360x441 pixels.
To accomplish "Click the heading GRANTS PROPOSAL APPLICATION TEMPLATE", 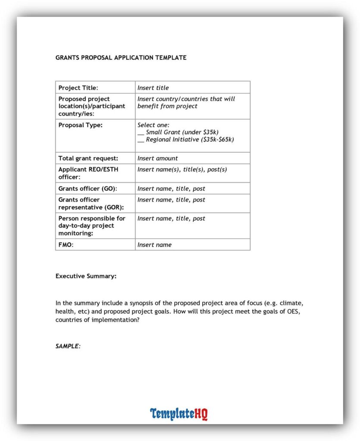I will pos(121,57).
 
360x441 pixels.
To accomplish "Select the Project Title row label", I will pos(78,88).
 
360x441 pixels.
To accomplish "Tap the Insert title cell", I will pos(153,88).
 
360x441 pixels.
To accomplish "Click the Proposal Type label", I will pos(81,125).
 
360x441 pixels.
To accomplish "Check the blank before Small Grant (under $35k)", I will pos(141,133).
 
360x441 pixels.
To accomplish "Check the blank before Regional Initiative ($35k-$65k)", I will pos(141,140).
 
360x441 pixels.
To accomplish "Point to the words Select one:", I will pos(153,125).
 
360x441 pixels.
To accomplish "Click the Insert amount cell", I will pos(157,158).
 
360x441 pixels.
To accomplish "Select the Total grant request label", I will pos(88,158).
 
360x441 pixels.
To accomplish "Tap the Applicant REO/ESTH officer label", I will pos(88,173).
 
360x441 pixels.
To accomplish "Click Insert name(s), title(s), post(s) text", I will pos(182,169).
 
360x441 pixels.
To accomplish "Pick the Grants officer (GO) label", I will pos(88,189).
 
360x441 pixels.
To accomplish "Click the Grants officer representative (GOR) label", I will pos(91,203).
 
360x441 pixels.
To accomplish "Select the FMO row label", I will pos(66,245).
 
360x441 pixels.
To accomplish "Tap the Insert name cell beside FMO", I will pos(154,245).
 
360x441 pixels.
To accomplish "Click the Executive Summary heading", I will pos(86,276).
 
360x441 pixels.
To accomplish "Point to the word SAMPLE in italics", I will pos(68,346).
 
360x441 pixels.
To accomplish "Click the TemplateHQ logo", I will pos(179,414).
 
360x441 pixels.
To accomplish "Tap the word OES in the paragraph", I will pos(293,312).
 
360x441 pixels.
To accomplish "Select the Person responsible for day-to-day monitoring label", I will pos(92,226).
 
